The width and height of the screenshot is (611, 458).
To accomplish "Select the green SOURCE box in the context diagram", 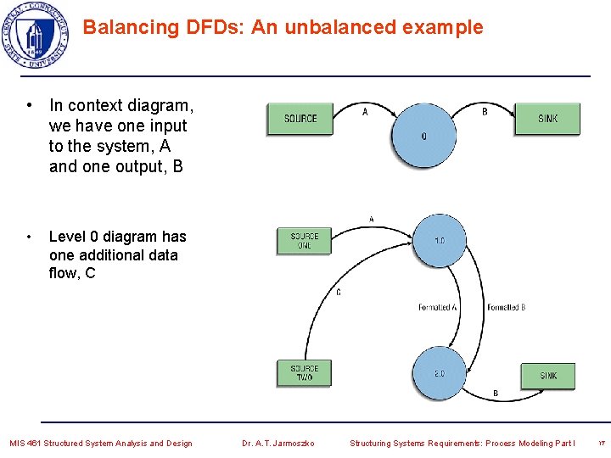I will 300,119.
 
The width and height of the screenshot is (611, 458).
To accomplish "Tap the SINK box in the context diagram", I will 547,119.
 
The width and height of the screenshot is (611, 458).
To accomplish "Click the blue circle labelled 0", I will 423,136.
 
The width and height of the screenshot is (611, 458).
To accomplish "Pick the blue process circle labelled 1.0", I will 439,242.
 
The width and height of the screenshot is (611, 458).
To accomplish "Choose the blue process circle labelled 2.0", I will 439,374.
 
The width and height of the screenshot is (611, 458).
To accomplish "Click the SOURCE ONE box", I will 304,241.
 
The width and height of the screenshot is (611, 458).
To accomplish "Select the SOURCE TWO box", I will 304,373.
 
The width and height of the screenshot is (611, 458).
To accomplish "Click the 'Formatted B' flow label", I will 506,307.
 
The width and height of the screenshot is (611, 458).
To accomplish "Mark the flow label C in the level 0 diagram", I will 339,293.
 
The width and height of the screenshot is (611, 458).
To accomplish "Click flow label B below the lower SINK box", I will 496,394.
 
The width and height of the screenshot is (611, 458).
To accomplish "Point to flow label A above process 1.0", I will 371,220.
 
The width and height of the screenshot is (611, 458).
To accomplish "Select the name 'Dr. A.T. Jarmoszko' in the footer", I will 277,443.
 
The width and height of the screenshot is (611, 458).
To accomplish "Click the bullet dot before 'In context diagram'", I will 30,106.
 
